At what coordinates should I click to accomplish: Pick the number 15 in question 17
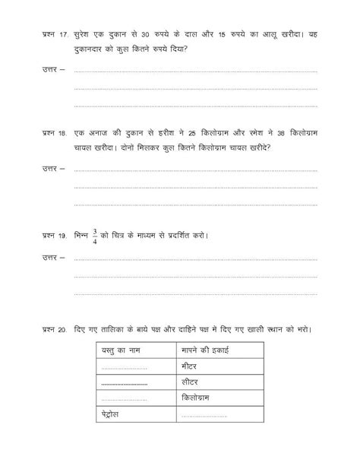[246, 35]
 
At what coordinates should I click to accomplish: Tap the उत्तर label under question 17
[53, 70]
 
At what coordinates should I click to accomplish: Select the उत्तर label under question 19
[53, 258]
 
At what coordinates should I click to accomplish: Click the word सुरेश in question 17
[85, 35]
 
